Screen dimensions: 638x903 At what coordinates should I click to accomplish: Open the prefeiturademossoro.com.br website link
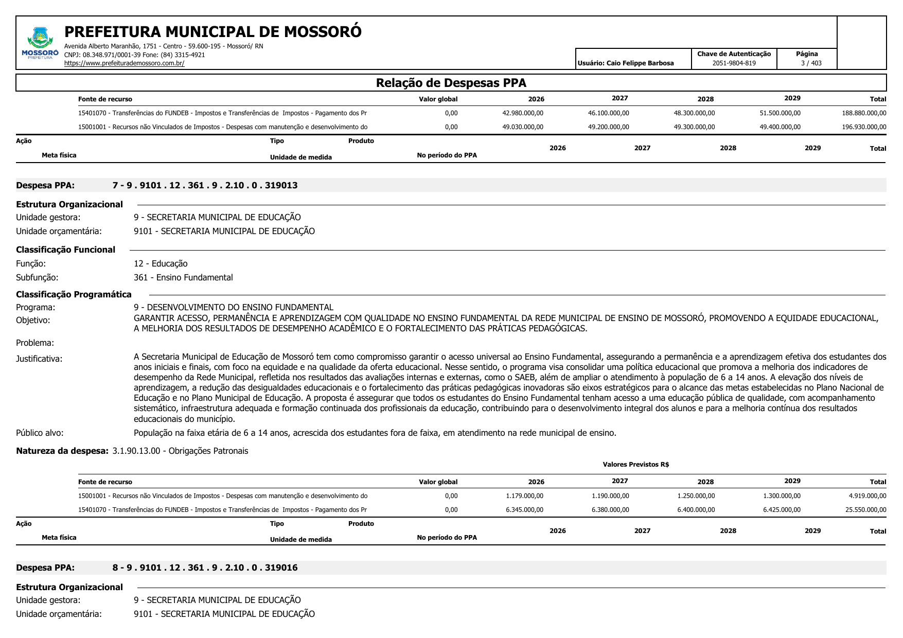tap(124, 63)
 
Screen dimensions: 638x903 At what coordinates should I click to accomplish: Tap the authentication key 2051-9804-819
tap(734, 63)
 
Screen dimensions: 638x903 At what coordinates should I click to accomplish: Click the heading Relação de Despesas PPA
tap(451, 83)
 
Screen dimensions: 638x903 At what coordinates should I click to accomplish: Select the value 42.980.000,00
tap(522, 113)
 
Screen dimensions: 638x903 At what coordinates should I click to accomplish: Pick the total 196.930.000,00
tap(864, 127)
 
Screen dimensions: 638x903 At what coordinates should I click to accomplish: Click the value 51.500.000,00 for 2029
tap(780, 113)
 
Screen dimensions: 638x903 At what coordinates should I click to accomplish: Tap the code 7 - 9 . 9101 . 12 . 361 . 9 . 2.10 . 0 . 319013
tap(205, 185)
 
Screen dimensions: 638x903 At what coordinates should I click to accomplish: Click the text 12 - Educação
tap(161, 263)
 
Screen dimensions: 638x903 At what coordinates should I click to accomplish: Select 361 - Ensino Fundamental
tap(183, 277)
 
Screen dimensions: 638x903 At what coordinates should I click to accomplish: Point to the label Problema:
tap(35, 343)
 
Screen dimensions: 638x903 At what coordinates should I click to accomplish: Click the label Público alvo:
tap(40, 433)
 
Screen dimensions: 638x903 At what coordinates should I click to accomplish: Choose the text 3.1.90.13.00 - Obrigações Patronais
tap(180, 451)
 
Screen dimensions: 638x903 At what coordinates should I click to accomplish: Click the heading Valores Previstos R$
tap(635, 465)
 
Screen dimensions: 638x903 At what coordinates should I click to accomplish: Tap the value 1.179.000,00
tap(524, 496)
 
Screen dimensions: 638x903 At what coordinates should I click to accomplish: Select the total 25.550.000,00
tap(865, 510)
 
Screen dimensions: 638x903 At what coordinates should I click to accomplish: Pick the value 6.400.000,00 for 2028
tap(696, 510)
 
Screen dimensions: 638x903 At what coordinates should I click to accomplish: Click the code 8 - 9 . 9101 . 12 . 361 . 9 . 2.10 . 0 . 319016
tap(205, 568)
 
